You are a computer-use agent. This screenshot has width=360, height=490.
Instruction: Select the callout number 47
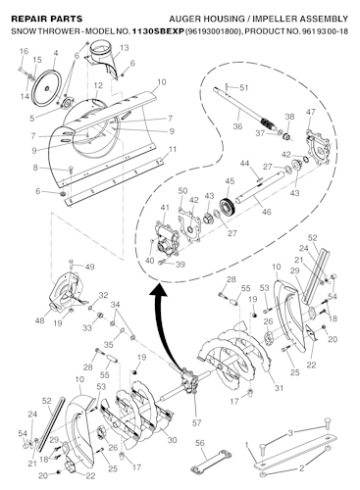click(312, 114)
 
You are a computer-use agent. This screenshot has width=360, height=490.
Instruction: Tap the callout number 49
click(89, 266)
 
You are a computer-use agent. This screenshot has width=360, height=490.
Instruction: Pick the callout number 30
click(173, 440)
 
